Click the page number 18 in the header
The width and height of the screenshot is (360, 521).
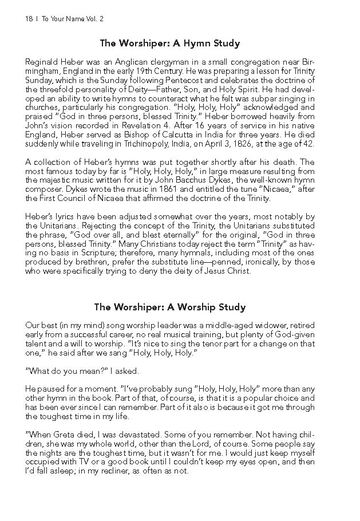(29, 19)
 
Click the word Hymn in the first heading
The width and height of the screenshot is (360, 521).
(195, 43)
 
